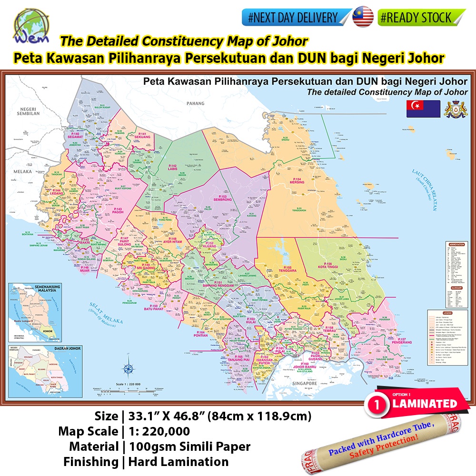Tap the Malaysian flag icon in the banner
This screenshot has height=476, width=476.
(363, 18)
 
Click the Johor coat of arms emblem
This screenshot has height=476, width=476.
(454, 109)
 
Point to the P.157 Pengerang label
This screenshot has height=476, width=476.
(408, 340)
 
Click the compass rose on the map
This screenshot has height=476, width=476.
(128, 369)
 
